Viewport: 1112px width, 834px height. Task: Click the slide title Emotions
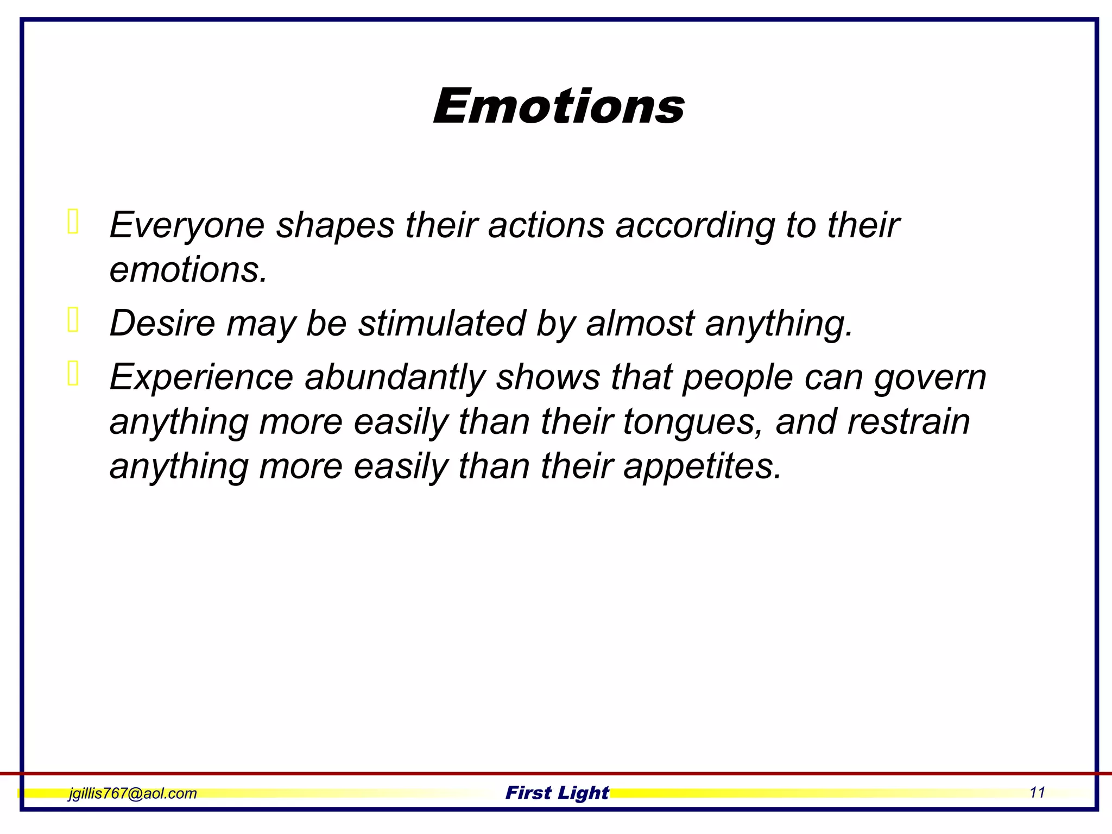[558, 106]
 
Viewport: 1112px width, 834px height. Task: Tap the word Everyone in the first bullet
[186, 225]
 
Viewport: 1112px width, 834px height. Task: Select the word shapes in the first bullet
[335, 225]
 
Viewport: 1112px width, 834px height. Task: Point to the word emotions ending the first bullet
[188, 270]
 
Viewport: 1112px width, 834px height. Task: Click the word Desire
[162, 323]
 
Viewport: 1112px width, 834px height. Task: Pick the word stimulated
[441, 323]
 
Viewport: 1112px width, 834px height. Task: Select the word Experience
[201, 377]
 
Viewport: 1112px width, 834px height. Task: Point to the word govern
[930, 377]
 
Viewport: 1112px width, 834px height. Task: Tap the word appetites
[702, 466]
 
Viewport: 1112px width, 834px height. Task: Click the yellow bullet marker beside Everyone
[73, 222]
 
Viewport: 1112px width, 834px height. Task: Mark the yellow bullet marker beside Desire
[73, 320]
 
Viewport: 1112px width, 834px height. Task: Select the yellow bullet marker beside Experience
[73, 374]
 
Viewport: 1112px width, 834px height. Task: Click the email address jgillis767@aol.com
[132, 793]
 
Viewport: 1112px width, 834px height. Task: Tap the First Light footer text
[557, 793]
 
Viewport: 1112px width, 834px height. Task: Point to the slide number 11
[1037, 793]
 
